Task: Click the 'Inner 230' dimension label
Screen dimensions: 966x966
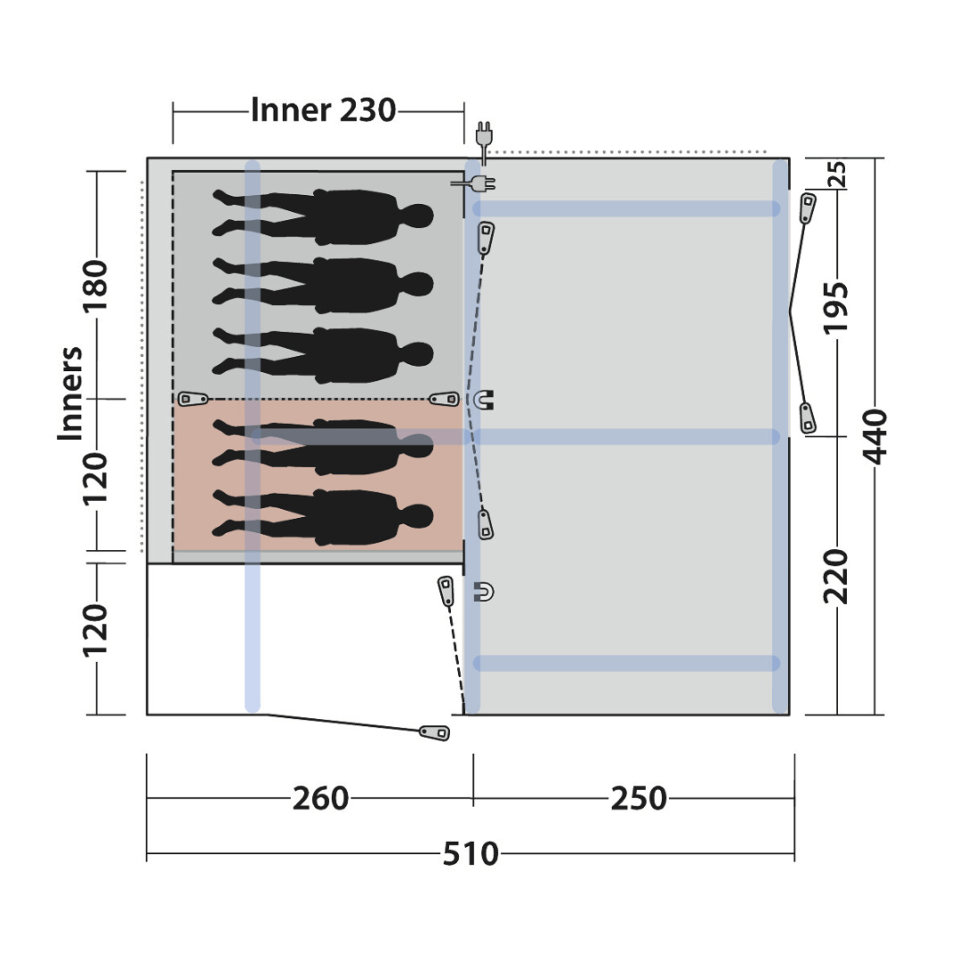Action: (323, 110)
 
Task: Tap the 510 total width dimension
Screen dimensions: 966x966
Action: (470, 854)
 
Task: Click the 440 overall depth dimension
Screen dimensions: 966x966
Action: (875, 437)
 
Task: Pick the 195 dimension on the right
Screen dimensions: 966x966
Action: (835, 308)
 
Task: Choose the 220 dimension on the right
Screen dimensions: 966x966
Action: (835, 577)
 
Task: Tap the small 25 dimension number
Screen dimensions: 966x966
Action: (839, 174)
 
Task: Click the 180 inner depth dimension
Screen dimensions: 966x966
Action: (95, 285)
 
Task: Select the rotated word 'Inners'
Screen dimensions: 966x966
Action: (69, 393)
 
